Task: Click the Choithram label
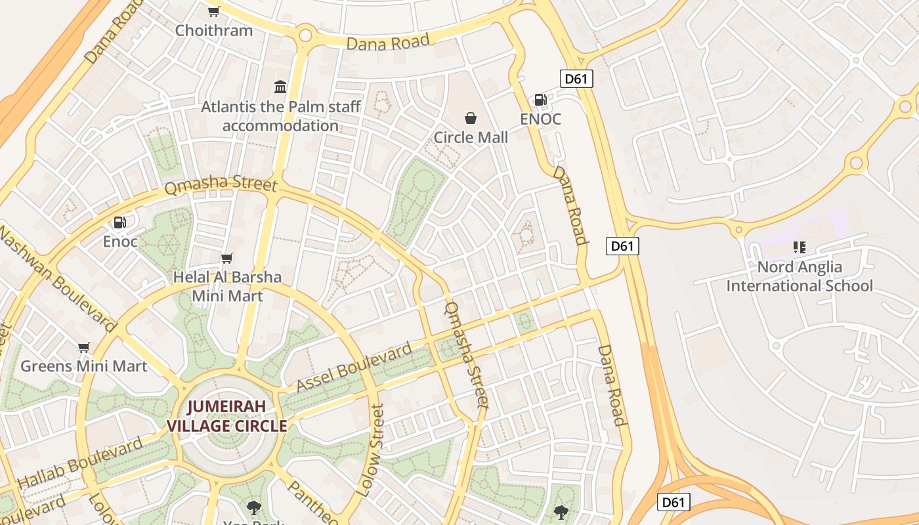coord(214,30)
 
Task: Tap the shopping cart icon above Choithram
coord(213,11)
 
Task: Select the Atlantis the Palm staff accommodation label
coord(281,116)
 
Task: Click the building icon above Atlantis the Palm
coord(280,87)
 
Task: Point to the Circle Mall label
coord(471,137)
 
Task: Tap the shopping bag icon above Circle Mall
coord(471,118)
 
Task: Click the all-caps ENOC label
coord(541,119)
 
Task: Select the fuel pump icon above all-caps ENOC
coord(540,100)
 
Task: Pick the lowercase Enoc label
coord(120,241)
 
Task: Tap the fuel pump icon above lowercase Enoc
coord(119,222)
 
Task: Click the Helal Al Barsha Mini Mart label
coord(227,286)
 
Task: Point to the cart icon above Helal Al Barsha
coord(227,258)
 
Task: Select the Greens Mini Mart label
coord(84,366)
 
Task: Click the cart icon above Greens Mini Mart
coord(83,347)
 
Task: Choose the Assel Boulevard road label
coord(354,367)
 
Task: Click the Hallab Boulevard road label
coord(80,463)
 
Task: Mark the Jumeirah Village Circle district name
coord(227,415)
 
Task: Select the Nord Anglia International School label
coord(800,276)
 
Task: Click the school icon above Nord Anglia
coord(799,247)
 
